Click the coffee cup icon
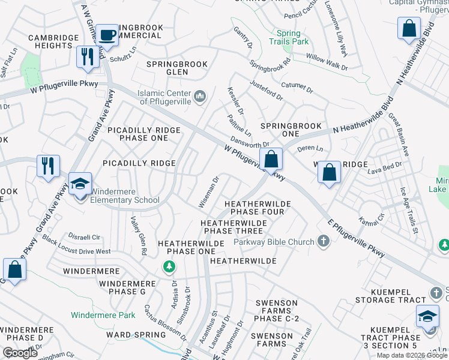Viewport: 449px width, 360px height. point(107,35)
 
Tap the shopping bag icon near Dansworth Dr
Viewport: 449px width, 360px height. point(271,159)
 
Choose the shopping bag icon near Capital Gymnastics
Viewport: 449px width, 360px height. point(408,28)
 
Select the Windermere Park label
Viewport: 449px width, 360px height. point(103,314)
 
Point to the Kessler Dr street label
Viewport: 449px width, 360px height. point(235,100)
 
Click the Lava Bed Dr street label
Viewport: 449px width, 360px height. point(384,169)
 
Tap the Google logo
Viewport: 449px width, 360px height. point(20,353)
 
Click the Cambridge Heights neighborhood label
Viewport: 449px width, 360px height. point(54,41)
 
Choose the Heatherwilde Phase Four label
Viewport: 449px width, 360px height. point(258,208)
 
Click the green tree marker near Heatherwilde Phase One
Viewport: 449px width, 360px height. point(170,266)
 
